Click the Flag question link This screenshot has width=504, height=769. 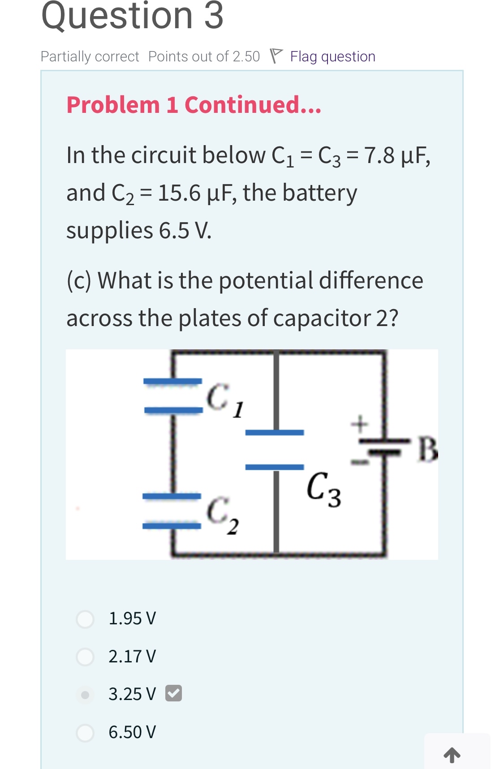click(x=332, y=56)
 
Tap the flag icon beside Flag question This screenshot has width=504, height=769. click(x=276, y=56)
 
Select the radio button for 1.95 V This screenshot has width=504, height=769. click(x=85, y=619)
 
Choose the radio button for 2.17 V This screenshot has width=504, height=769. click(x=85, y=657)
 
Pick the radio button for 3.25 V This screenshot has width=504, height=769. click(x=85, y=695)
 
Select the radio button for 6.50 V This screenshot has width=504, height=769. click(x=85, y=733)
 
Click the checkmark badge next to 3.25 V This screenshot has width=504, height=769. click(x=173, y=693)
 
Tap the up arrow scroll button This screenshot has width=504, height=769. click(x=452, y=755)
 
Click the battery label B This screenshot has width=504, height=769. click(x=427, y=450)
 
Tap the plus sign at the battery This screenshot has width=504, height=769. click(x=359, y=423)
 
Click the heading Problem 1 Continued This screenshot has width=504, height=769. click(x=194, y=105)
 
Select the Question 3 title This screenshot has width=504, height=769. click(x=132, y=16)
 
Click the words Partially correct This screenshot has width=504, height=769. click(x=90, y=56)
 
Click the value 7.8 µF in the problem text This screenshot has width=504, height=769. click(x=397, y=155)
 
